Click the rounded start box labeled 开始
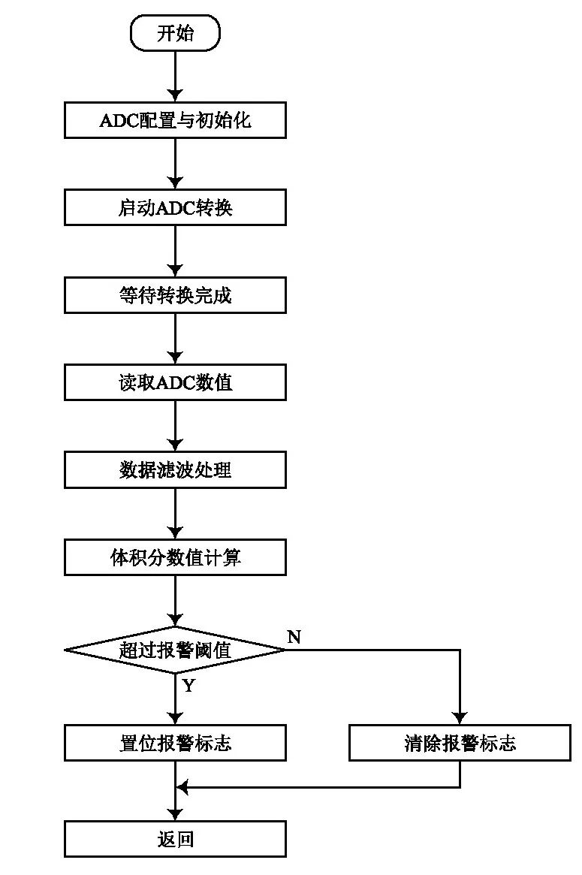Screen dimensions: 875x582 click(x=175, y=33)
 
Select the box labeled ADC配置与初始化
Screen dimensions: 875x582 click(x=175, y=120)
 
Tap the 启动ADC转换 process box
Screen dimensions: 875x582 click(x=175, y=207)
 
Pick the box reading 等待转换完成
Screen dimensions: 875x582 click(x=175, y=295)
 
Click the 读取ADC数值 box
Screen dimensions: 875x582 click(x=175, y=382)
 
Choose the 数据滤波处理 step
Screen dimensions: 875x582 click(x=175, y=470)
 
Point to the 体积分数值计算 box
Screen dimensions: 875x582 click(x=175, y=557)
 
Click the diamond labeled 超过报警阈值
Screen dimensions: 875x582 click(x=175, y=650)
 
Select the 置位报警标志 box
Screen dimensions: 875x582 click(x=175, y=743)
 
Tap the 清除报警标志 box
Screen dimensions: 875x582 click(x=460, y=743)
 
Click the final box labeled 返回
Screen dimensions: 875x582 click(x=175, y=839)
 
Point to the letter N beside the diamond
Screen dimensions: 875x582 click(x=294, y=637)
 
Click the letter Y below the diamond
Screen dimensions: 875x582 click(x=188, y=686)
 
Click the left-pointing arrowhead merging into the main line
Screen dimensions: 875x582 click(x=181, y=787)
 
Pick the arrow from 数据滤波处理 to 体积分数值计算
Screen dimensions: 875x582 click(x=175, y=514)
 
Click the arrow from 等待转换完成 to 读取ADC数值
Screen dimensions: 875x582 click(x=175, y=339)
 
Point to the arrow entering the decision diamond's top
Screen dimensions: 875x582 click(x=175, y=601)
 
